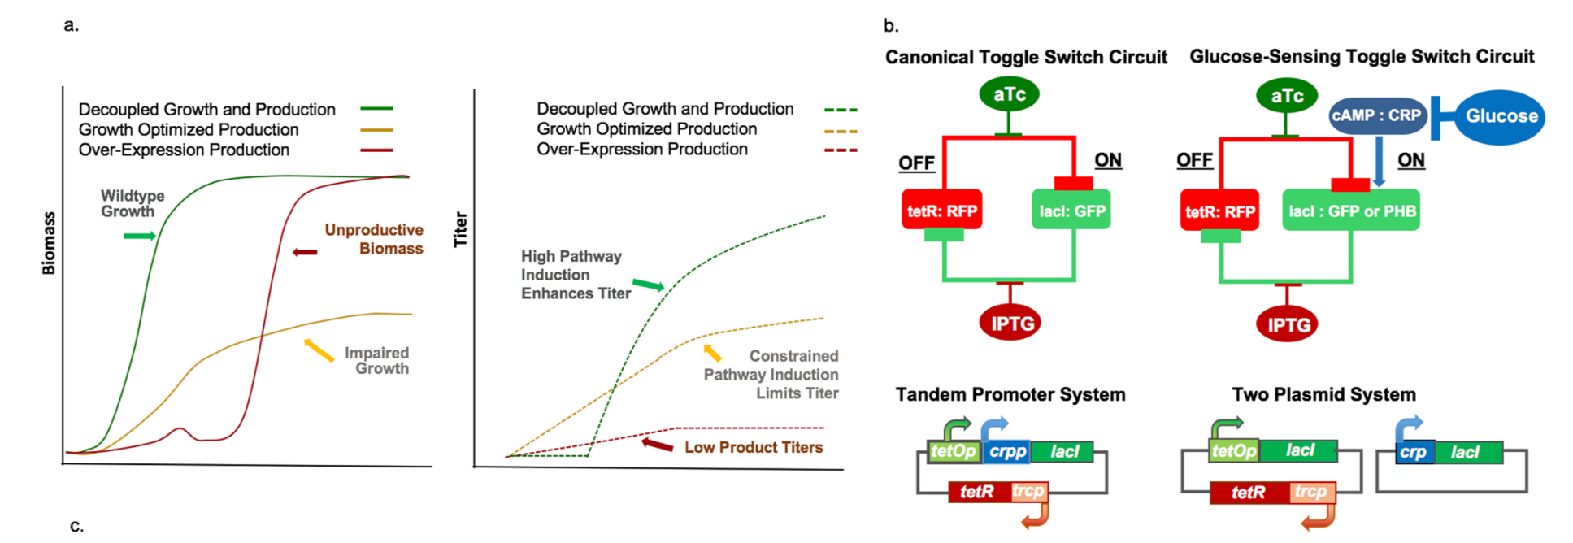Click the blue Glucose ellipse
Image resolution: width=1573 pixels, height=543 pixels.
pyautogui.click(x=1500, y=117)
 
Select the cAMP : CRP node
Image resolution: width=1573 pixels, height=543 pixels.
pyautogui.click(x=1375, y=115)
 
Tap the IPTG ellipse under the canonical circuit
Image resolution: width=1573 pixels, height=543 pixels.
pyautogui.click(x=1010, y=324)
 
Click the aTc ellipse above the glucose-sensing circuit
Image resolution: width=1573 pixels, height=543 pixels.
pyautogui.click(x=1286, y=97)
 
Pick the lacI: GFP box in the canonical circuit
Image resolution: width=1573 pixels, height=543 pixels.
pyautogui.click(x=1071, y=211)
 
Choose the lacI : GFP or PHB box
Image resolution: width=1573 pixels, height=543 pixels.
pyautogui.click(x=1351, y=211)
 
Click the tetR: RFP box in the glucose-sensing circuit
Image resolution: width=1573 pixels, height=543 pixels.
pyautogui.click(x=1219, y=211)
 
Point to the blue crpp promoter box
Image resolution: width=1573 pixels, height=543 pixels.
pyautogui.click(x=1007, y=452)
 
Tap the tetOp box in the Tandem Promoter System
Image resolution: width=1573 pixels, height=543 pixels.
pyautogui.click(x=953, y=452)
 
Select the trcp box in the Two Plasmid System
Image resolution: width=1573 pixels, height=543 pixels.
pyautogui.click(x=1310, y=492)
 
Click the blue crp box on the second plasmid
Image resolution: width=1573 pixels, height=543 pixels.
pyautogui.click(x=1413, y=453)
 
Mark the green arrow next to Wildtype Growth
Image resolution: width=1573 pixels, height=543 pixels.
pyautogui.click(x=139, y=236)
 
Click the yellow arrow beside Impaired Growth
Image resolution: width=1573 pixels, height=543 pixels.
pyautogui.click(x=319, y=350)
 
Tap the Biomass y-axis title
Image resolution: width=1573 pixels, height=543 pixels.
pyautogui.click(x=49, y=243)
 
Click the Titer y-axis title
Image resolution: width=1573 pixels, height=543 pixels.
pyautogui.click(x=460, y=229)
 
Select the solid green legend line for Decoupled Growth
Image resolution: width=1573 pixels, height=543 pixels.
pyautogui.click(x=376, y=108)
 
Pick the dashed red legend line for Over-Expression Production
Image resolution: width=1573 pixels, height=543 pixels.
pyautogui.click(x=841, y=150)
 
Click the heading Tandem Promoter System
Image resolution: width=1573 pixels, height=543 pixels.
pyautogui.click(x=1010, y=394)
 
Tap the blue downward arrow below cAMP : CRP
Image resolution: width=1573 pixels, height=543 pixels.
pyautogui.click(x=1379, y=161)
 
